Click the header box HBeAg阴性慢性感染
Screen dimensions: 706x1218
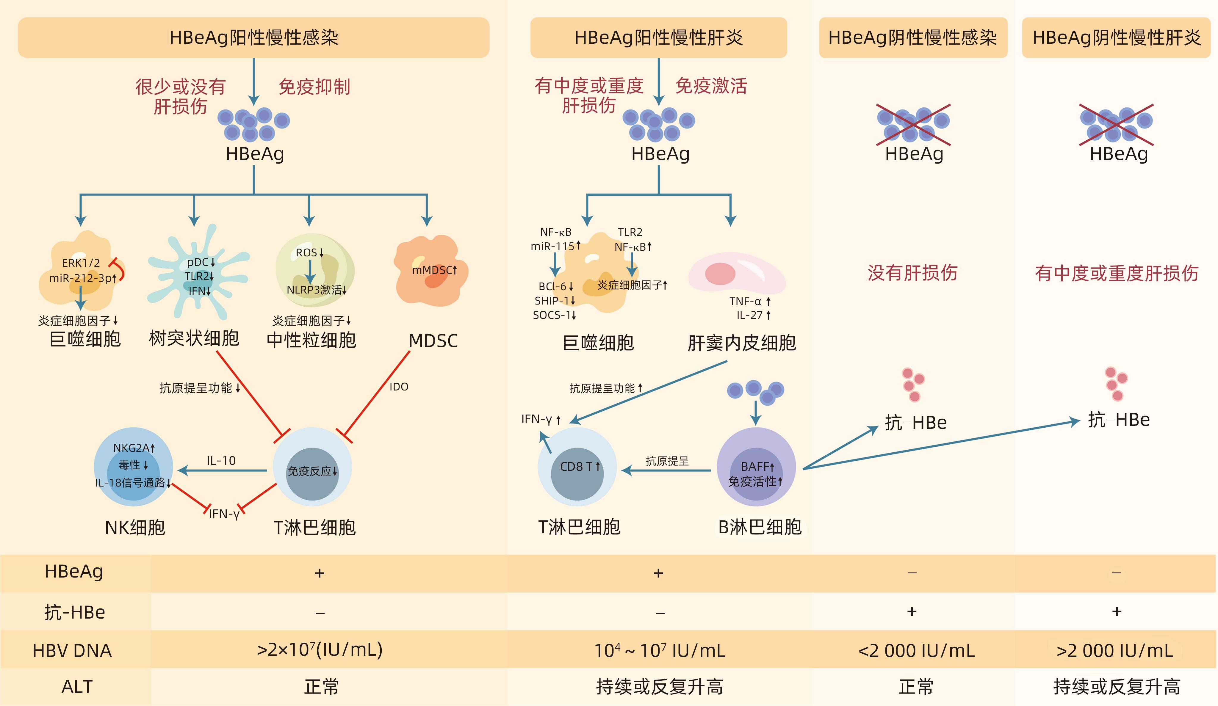(x=912, y=38)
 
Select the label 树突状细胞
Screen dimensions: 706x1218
(x=194, y=338)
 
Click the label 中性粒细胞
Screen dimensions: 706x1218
(x=311, y=340)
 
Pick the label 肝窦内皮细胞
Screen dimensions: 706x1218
(x=741, y=343)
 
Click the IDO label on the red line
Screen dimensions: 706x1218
(x=399, y=387)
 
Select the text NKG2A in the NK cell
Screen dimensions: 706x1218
(x=131, y=448)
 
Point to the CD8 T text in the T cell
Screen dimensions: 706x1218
(x=576, y=466)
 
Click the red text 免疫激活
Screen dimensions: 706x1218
(x=711, y=86)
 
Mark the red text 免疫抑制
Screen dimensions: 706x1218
(x=314, y=87)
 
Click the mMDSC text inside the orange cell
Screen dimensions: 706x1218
(x=432, y=270)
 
